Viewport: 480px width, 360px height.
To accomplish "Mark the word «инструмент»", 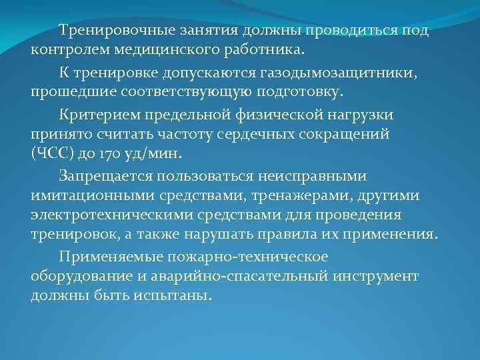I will [380, 275].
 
